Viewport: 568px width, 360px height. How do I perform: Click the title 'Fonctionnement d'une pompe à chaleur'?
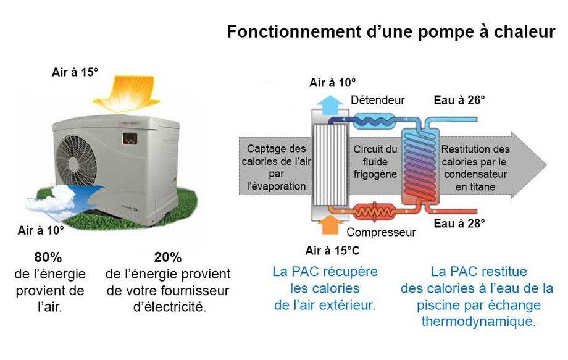[x=391, y=32]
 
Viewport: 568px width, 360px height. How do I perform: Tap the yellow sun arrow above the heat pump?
[x=126, y=93]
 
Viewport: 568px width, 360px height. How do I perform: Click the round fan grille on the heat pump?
[x=75, y=161]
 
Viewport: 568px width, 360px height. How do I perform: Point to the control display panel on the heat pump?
[x=130, y=139]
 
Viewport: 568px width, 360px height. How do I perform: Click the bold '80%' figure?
[x=48, y=257]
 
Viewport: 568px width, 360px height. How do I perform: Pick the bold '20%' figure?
[x=168, y=257]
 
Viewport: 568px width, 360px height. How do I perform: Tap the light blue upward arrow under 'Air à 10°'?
[x=330, y=106]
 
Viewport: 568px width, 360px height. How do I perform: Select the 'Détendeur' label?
[x=377, y=100]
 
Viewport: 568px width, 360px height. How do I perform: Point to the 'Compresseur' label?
[x=381, y=232]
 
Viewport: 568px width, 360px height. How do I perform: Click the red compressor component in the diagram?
[x=374, y=211]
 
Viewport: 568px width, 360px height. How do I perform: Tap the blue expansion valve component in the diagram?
[x=374, y=121]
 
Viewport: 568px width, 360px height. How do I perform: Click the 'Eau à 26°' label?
[x=459, y=100]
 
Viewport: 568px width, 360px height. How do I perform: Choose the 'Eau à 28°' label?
[x=459, y=224]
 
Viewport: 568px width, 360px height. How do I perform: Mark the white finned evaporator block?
[x=330, y=165]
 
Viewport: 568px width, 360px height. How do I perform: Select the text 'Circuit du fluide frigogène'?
[x=375, y=162]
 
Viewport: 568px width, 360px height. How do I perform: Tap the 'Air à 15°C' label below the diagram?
[x=332, y=251]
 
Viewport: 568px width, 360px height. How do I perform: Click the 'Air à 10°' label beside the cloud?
[x=41, y=230]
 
